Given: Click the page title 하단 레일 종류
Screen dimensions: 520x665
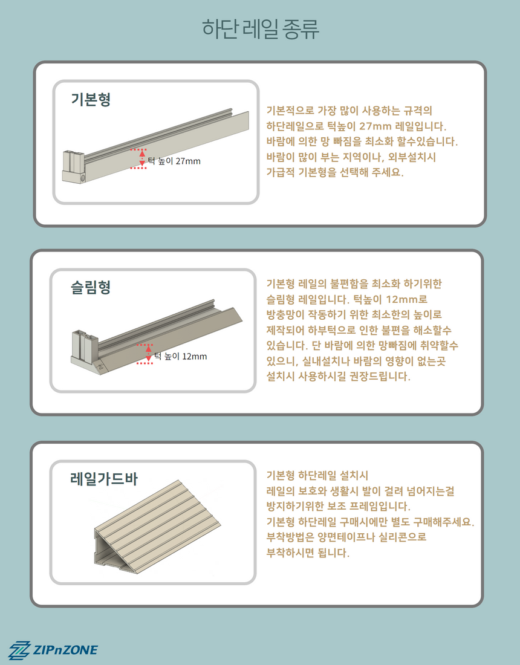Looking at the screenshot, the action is click(260, 29).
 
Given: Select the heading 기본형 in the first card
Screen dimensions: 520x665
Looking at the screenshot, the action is click(91, 99).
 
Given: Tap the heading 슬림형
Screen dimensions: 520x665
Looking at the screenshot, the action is click(91, 287).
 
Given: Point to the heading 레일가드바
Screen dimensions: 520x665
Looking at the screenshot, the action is click(104, 479).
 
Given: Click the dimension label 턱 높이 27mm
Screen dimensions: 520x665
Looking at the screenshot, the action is click(174, 161).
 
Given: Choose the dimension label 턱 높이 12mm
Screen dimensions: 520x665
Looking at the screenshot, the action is click(181, 356).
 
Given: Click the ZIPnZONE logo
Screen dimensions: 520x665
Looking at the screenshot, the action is click(53, 650).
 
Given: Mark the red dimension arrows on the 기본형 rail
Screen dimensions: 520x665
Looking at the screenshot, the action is click(142, 158).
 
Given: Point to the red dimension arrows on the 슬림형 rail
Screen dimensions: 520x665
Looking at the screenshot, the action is click(149, 354).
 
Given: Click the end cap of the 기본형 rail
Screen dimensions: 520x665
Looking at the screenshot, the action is click(74, 167).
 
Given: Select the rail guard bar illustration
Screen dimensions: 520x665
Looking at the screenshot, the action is click(157, 527).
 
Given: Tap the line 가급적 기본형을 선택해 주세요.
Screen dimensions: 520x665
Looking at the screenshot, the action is click(335, 172).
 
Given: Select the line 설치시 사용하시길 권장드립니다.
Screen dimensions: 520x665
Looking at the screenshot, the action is click(339, 376).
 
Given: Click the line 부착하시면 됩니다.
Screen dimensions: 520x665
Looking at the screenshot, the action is click(308, 553).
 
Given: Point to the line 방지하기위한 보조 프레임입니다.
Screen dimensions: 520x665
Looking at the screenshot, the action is click(339, 506).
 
